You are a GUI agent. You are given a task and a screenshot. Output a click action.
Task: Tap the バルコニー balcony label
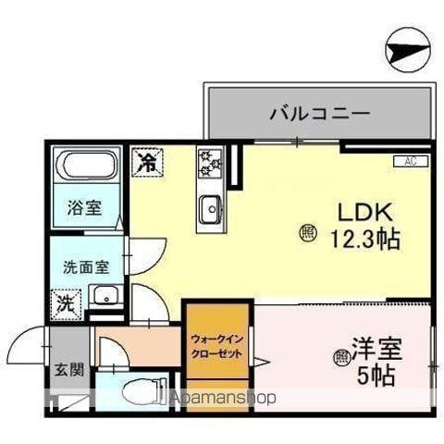[x=320, y=114]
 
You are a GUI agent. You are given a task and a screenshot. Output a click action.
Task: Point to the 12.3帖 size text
[x=365, y=240]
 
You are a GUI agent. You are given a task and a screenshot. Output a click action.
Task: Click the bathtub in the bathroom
[x=87, y=170]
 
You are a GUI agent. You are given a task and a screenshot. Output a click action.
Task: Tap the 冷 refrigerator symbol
[x=146, y=161]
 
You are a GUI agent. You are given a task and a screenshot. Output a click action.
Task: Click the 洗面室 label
[x=85, y=267]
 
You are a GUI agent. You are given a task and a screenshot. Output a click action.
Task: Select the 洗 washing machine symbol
[x=68, y=302]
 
